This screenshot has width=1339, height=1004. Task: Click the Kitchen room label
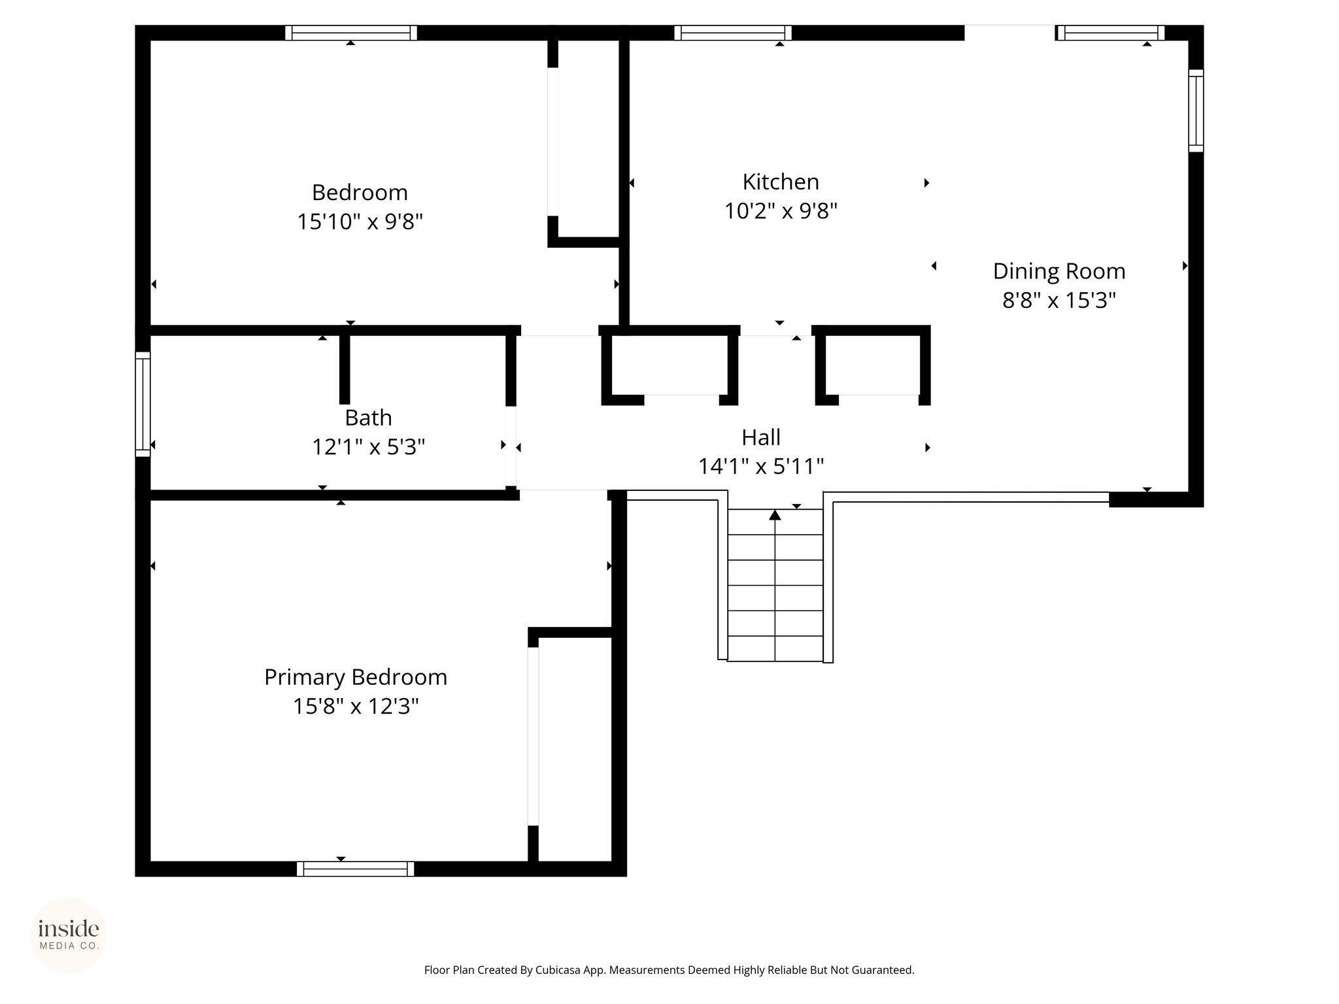pyautogui.click(x=781, y=182)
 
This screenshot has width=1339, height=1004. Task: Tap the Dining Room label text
pyautogui.click(x=1059, y=271)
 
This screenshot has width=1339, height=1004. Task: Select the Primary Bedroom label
pyautogui.click(x=356, y=677)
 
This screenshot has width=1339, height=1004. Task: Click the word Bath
pyautogui.click(x=368, y=418)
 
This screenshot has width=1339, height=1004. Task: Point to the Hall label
pyautogui.click(x=761, y=437)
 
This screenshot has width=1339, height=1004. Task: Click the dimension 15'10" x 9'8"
pyautogui.click(x=360, y=222)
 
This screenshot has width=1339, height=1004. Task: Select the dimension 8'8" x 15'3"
pyautogui.click(x=1059, y=300)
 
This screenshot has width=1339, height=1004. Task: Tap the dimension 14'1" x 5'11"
pyautogui.click(x=761, y=466)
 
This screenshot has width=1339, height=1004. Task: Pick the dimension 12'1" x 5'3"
pyautogui.click(x=368, y=447)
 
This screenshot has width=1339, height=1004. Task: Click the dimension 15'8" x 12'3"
pyautogui.click(x=356, y=707)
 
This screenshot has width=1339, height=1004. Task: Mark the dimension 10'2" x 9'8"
pyautogui.click(x=781, y=211)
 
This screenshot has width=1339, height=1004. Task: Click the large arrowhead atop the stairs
pyautogui.click(x=775, y=515)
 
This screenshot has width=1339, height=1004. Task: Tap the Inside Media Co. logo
pyautogui.click(x=69, y=935)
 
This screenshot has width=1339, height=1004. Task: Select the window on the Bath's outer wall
pyautogui.click(x=143, y=405)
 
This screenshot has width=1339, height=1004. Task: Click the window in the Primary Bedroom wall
pyautogui.click(x=356, y=869)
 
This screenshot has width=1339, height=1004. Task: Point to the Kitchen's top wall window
pyautogui.click(x=733, y=33)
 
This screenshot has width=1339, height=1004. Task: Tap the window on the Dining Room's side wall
pyautogui.click(x=1196, y=110)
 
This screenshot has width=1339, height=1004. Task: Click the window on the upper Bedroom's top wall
pyautogui.click(x=351, y=33)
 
